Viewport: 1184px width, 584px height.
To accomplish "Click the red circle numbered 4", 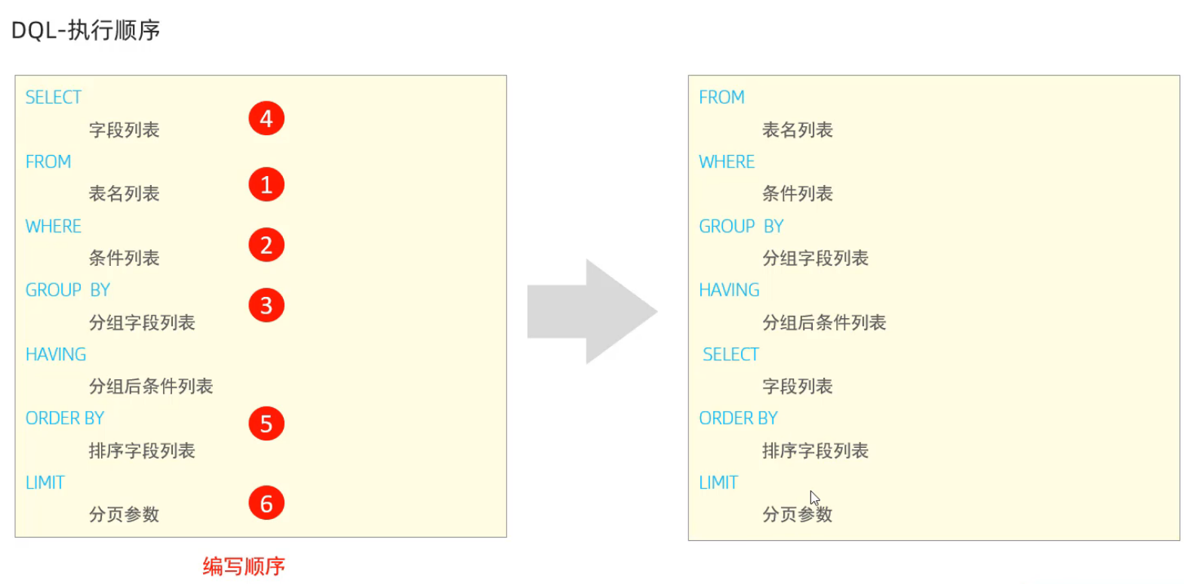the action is tap(266, 119).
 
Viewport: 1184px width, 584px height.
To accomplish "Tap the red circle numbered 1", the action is tap(266, 184).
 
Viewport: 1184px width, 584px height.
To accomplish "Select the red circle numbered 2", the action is tap(266, 245).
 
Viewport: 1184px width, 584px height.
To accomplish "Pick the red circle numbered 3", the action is tap(266, 305).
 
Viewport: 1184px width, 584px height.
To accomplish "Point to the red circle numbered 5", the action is tap(266, 424).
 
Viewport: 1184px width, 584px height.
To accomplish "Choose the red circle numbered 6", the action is tap(266, 503).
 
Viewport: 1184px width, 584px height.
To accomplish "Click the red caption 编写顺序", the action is tap(244, 566).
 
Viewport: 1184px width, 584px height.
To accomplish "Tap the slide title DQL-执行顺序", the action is tap(85, 30).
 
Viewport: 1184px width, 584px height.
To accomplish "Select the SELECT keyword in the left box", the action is tap(53, 97).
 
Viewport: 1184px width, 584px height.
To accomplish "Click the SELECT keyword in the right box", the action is tap(730, 354).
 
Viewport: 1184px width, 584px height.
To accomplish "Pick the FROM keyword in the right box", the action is tap(721, 97).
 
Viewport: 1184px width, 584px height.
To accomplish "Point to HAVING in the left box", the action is tap(56, 354).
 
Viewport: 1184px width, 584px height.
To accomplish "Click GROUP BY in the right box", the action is tap(741, 226).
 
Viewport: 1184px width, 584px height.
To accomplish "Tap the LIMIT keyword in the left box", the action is tap(45, 483).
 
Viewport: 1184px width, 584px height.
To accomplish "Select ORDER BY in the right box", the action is tap(738, 419).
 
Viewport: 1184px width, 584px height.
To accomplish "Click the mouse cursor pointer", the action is tap(814, 498).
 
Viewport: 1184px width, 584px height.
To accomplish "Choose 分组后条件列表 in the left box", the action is tap(151, 387).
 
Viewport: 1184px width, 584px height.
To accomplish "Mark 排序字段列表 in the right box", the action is tap(815, 451).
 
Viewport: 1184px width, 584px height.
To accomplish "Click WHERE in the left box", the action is tap(54, 226).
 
